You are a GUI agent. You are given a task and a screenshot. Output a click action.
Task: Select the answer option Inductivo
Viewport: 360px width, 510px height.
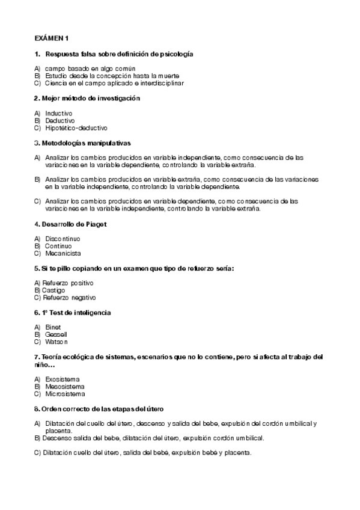(58, 112)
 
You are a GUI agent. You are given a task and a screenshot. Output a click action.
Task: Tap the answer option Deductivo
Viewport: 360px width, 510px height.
(59, 120)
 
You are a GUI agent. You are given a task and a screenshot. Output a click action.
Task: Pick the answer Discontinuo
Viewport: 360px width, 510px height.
(63, 239)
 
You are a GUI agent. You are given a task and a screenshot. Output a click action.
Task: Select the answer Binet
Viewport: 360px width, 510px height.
(53, 327)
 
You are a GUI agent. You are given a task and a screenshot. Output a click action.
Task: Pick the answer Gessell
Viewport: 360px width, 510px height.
(56, 334)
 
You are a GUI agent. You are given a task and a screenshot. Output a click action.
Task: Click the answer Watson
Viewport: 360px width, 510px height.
(56, 342)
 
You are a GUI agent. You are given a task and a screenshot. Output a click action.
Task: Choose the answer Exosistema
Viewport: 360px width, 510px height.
(62, 379)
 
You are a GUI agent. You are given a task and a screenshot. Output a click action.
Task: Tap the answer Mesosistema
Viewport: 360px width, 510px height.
(64, 386)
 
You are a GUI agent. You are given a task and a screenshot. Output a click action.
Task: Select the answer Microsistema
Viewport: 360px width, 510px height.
(64, 394)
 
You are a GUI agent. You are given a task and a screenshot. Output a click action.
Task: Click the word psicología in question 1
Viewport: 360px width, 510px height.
(174, 54)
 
